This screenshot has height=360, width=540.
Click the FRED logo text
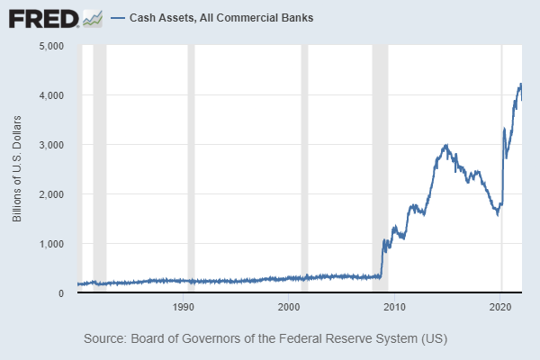coord(43,17)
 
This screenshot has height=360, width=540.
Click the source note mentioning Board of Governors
coord(265,339)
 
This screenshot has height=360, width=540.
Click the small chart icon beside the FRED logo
coord(92,17)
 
